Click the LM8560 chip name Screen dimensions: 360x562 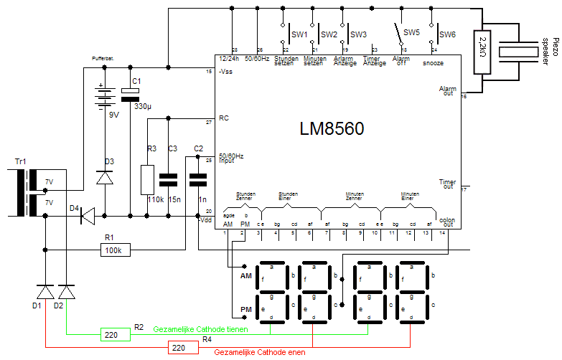coord(331,129)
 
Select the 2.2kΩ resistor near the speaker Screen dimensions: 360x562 coord(482,52)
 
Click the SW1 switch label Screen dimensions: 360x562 coord(299,34)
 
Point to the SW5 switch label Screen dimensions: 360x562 coord(411,33)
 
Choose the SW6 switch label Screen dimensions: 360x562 coord(447,34)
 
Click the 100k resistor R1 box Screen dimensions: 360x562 coord(115,250)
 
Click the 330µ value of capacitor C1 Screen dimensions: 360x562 coord(144,106)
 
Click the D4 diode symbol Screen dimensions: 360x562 coord(87,214)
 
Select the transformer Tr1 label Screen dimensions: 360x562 coord(20,161)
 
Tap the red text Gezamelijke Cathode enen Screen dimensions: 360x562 coord(261,352)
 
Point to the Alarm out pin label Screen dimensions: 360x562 coord(447,91)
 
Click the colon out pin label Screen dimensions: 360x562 coord(446,221)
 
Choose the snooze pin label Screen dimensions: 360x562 coord(433,63)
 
